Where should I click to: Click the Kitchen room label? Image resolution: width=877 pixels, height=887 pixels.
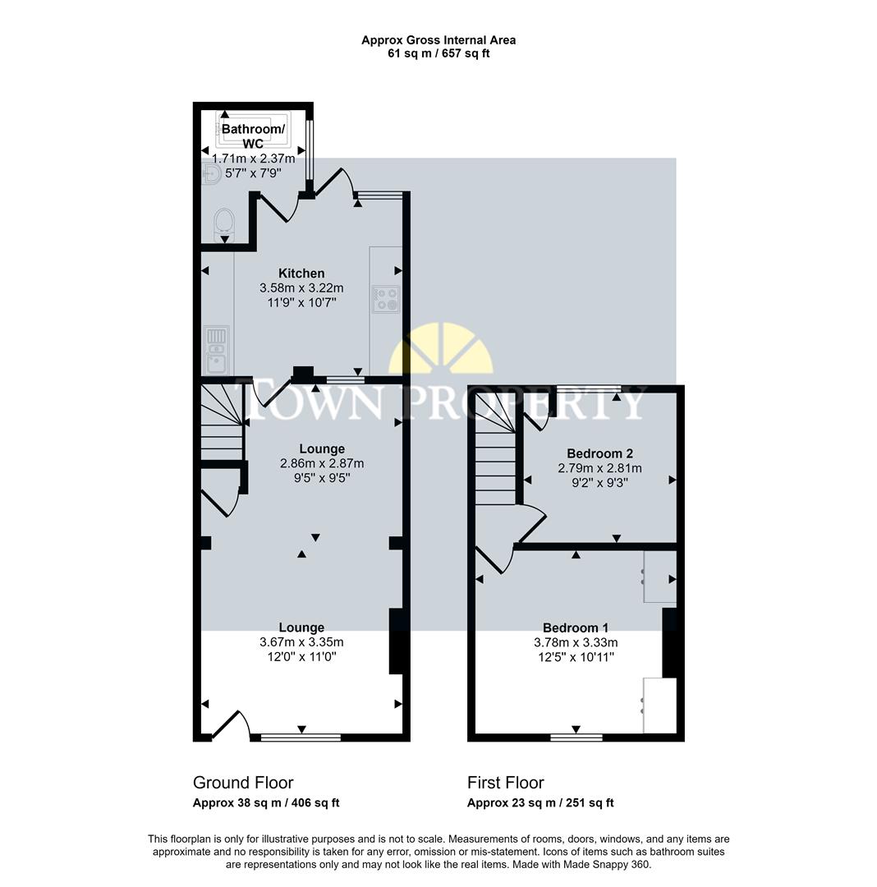pyautogui.click(x=301, y=273)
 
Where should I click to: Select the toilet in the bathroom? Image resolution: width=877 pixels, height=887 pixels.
pyautogui.click(x=223, y=224)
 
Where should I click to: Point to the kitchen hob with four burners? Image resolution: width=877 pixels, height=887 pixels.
pyautogui.click(x=386, y=299)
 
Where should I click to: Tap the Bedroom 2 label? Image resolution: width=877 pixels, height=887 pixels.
pyautogui.click(x=599, y=453)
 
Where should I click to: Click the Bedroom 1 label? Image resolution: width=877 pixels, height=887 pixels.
pyautogui.click(x=576, y=628)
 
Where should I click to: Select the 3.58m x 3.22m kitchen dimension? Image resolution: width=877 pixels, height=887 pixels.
pyautogui.click(x=301, y=288)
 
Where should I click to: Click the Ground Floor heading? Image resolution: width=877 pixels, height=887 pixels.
pyautogui.click(x=243, y=783)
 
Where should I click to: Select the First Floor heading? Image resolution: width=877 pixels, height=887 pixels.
pyautogui.click(x=506, y=783)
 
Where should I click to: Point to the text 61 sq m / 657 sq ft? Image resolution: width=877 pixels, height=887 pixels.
pyautogui.click(x=438, y=54)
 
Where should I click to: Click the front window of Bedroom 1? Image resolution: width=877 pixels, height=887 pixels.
pyautogui.click(x=576, y=737)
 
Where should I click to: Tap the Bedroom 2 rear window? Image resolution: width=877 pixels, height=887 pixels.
pyautogui.click(x=588, y=387)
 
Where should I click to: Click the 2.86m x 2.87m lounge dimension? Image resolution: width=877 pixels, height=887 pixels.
pyautogui.click(x=321, y=463)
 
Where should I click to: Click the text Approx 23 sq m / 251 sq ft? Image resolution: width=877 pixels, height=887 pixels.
pyautogui.click(x=540, y=803)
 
